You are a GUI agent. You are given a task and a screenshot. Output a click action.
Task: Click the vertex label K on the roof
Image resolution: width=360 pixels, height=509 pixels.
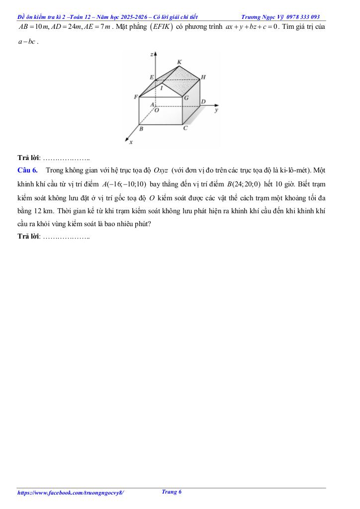pos(180,62)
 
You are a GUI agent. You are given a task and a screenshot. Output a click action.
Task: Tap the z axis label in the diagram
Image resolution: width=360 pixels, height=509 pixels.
pos(152,54)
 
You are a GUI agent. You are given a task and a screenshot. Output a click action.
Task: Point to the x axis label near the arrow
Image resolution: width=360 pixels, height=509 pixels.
pos(131,142)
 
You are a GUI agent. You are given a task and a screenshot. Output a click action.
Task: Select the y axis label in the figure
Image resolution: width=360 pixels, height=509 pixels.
pos(216,111)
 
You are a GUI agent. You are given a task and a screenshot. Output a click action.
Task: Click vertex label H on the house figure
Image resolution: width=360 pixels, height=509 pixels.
pos(203,78)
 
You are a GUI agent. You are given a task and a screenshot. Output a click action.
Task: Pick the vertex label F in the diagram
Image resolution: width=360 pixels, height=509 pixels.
pos(136,97)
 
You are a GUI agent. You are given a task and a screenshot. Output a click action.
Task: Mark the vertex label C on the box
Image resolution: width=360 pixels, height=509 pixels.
pos(185,128)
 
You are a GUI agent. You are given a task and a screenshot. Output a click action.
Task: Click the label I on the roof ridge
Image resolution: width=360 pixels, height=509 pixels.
pos(161,87)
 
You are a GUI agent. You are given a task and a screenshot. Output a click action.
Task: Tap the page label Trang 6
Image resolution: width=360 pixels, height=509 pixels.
pos(172,492)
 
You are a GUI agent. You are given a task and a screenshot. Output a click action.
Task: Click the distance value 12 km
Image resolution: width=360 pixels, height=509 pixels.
pos(37,211)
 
